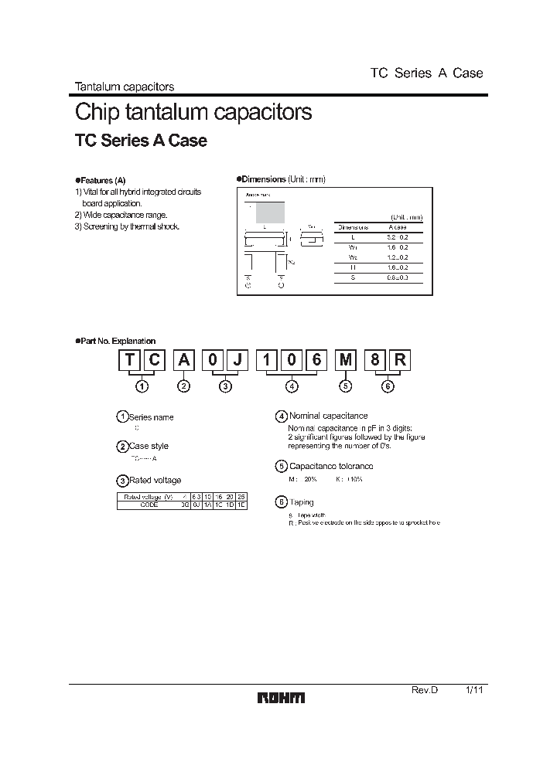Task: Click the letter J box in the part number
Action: tap(240, 362)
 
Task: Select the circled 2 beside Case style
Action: tap(122, 447)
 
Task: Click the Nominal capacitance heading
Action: tap(328, 416)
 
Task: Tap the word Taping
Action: tap(302, 502)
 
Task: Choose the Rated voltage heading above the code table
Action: tap(155, 481)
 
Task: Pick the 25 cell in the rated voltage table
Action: tap(241, 496)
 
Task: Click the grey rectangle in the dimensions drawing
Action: tap(271, 212)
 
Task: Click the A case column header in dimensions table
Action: tap(399, 227)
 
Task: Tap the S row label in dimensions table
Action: tap(351, 276)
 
